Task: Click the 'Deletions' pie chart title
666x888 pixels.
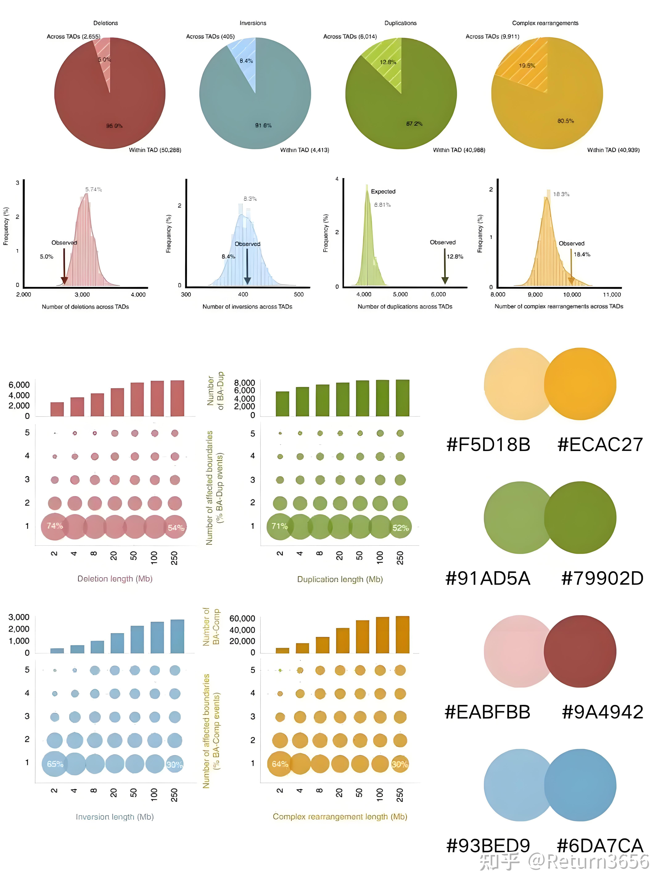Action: coord(106,23)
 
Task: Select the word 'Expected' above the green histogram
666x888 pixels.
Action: coord(383,191)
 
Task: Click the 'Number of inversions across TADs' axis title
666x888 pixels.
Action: coord(247,307)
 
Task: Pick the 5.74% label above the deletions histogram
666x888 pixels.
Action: coord(93,189)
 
